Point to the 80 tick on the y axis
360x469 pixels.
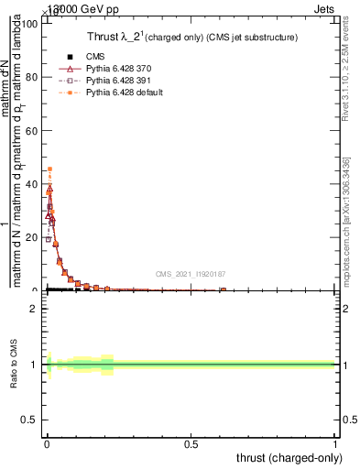tap(33, 77)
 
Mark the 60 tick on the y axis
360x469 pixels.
tap(33, 130)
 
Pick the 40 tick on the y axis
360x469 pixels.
tap(33, 184)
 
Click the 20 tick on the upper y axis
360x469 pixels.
tap(33, 237)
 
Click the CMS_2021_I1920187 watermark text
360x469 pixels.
tap(191, 274)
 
